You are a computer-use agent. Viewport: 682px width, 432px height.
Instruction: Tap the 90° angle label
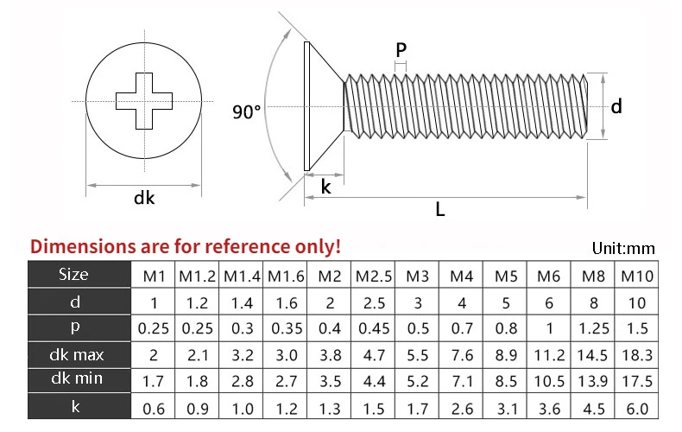[247, 112]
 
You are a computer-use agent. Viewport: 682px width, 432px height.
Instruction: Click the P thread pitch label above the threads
[401, 50]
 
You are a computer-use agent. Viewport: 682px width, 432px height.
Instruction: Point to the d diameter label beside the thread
[616, 106]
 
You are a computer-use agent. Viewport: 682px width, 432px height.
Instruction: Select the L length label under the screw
[440, 208]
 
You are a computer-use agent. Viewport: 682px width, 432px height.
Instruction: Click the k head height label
[325, 186]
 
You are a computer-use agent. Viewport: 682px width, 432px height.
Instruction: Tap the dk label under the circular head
[144, 198]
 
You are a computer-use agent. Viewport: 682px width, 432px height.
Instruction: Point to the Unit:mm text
[623, 249]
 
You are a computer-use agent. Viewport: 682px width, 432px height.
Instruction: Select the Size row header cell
[73, 276]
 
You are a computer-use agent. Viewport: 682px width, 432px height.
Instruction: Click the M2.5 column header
[374, 276]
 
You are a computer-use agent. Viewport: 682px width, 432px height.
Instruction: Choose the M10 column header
[636, 276]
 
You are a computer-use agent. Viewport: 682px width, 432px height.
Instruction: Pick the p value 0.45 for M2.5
[374, 329]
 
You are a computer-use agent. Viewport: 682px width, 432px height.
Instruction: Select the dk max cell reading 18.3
[636, 355]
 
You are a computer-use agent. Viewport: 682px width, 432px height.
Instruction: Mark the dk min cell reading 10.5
[549, 381]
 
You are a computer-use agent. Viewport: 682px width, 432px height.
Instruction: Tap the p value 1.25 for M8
[593, 329]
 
